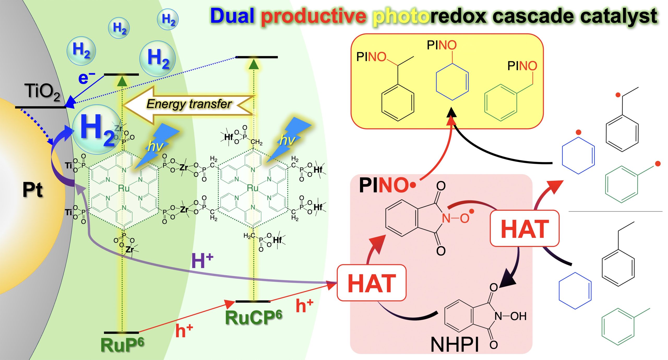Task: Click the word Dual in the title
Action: click(232, 16)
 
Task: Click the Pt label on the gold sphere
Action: click(32, 190)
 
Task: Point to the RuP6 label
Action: click(122, 345)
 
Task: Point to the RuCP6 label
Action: click(253, 317)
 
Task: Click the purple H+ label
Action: click(202, 261)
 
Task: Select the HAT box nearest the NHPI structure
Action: click(372, 283)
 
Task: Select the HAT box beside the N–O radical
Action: click(524, 229)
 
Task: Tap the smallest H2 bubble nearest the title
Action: click(168, 19)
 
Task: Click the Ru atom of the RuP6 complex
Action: click(123, 188)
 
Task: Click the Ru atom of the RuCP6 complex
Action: click(252, 188)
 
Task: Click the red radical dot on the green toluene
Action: click(658, 164)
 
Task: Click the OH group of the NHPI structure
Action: click(518, 316)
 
